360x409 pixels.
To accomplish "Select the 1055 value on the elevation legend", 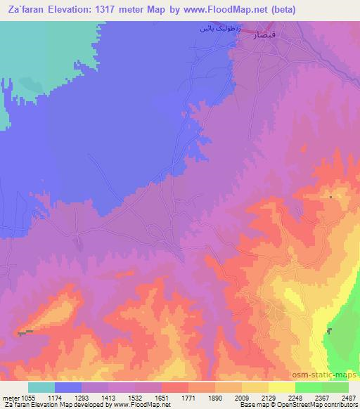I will [28, 397].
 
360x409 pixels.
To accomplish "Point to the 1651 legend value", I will [163, 397].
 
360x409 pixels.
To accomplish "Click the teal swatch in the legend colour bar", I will [41, 387].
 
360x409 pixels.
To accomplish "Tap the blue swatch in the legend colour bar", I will [68, 387].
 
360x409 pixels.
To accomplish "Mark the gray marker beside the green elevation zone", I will [329, 331].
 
